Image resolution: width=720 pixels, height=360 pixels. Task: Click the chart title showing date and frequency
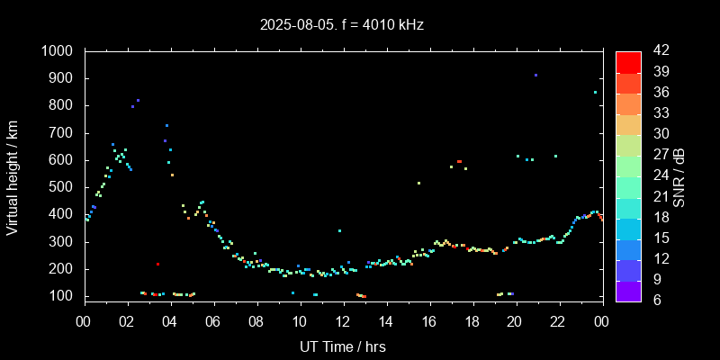[342, 25]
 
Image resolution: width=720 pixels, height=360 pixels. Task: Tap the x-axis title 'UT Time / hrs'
[342, 346]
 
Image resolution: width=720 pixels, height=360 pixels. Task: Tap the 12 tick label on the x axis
[342, 321]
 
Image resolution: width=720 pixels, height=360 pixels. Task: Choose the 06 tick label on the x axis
[212, 321]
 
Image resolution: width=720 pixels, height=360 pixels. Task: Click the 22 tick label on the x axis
[558, 321]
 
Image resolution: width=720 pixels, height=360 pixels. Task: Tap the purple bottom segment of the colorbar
[628, 290]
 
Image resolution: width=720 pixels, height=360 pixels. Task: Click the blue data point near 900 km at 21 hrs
[535, 76]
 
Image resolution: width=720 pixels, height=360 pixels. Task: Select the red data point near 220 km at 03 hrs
[157, 264]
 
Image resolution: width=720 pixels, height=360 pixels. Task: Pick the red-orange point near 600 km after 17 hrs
[459, 161]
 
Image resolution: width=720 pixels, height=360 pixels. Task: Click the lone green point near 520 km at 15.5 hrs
[418, 183]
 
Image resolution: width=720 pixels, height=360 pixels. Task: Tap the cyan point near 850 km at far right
[595, 92]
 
